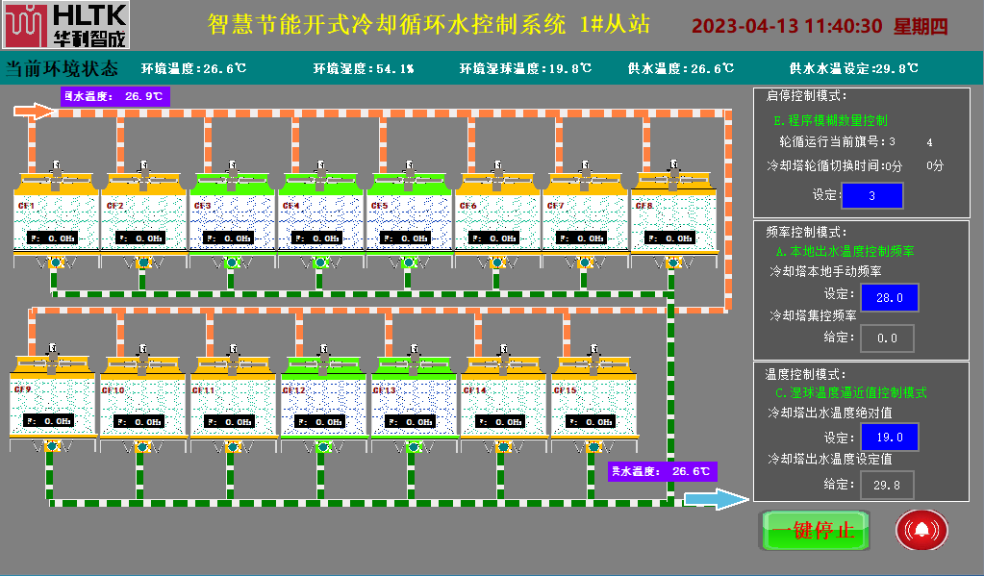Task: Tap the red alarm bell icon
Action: tap(921, 530)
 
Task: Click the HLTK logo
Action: tap(65, 26)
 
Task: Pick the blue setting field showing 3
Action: tap(871, 195)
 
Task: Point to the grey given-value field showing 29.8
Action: tap(886, 485)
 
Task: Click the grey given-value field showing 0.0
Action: tap(886, 338)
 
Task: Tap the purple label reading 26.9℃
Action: tap(116, 96)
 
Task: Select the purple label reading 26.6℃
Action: tap(663, 471)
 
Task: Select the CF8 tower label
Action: tap(644, 206)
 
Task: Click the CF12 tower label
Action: tap(293, 390)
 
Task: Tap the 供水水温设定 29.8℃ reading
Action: tap(853, 69)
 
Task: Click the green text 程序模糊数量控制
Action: tap(830, 121)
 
